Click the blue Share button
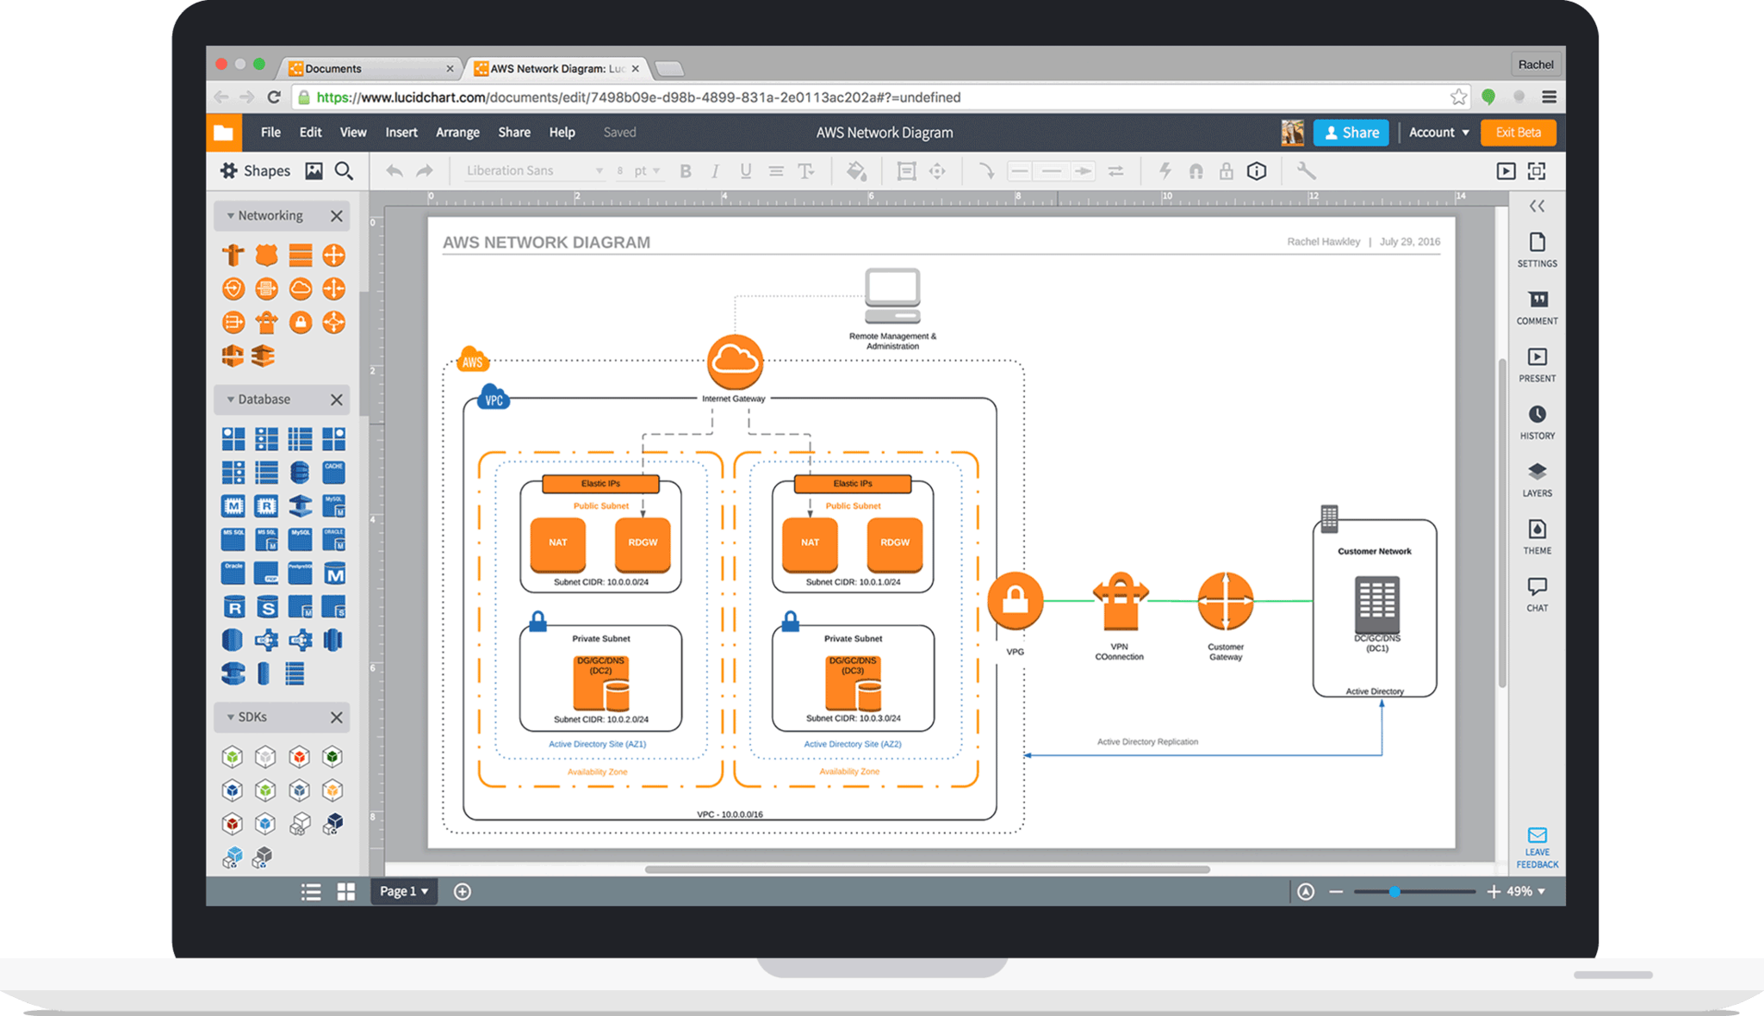pos(1351,133)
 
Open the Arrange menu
pos(457,133)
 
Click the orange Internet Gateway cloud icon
pos(735,362)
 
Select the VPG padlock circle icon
pos(1015,600)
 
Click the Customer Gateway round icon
pos(1225,601)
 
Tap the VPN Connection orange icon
pos(1120,601)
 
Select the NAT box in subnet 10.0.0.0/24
pos(557,543)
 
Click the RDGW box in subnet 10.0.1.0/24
pos(894,543)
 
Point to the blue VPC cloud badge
pos(493,399)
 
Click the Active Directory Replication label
pos(1147,741)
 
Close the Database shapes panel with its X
pos(337,400)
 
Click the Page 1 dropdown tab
pos(403,891)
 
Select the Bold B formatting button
pos(686,171)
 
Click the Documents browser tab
pos(370,69)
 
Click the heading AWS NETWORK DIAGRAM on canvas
pos(546,243)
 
